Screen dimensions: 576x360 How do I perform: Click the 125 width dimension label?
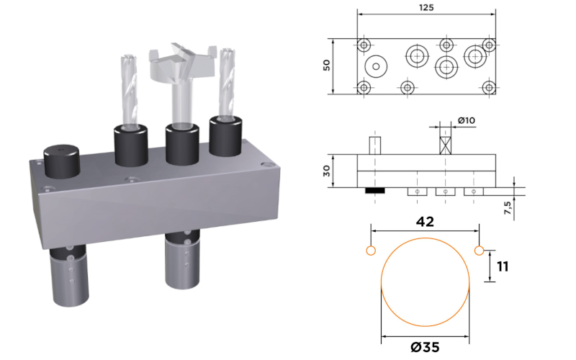pyautogui.click(x=426, y=7)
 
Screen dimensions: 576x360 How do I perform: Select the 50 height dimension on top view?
pyautogui.click(x=326, y=66)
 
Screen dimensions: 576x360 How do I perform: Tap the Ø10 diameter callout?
pyautogui.click(x=466, y=120)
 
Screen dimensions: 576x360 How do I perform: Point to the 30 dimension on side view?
pyautogui.click(x=326, y=171)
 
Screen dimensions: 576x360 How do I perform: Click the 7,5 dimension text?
pyautogui.click(x=508, y=208)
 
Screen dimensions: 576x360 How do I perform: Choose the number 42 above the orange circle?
pyautogui.click(x=425, y=222)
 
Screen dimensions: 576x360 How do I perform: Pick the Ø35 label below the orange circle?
pyautogui.click(x=425, y=347)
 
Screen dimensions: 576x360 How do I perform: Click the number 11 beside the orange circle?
pyautogui.click(x=503, y=266)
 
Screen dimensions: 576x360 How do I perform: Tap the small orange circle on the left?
pyautogui.click(x=371, y=251)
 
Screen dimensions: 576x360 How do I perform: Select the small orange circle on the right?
pyautogui.click(x=479, y=251)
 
